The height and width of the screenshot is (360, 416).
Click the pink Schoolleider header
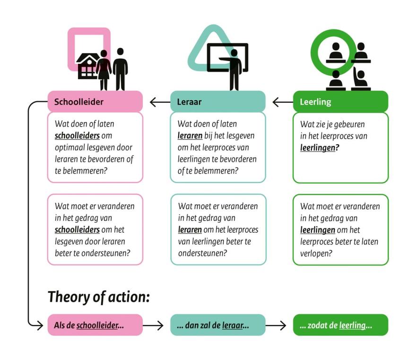point(95,101)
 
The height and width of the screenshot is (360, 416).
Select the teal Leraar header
point(218,101)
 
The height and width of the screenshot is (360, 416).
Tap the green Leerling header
point(341,101)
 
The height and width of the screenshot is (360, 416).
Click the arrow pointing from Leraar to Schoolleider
point(160,102)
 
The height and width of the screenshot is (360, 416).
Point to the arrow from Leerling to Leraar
point(283,102)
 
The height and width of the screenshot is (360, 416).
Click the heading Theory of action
point(99,297)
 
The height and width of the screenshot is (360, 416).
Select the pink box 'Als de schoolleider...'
point(95,325)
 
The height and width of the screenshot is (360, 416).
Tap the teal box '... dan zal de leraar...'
point(218,325)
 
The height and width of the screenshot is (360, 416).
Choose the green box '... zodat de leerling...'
point(341,325)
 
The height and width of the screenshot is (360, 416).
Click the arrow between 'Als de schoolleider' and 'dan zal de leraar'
point(153,325)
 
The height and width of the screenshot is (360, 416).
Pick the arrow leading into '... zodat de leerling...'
point(276,325)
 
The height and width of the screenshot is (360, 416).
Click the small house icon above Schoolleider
point(87,66)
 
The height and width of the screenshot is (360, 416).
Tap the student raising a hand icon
point(361,79)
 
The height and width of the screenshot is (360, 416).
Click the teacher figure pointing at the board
point(232,70)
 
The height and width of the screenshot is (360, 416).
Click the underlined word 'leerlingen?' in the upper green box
point(320,148)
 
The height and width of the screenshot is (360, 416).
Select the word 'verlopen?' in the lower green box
point(316,253)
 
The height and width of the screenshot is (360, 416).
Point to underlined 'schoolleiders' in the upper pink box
point(77,136)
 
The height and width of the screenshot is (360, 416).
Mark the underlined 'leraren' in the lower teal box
point(190,229)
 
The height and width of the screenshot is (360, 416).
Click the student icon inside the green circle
point(336,53)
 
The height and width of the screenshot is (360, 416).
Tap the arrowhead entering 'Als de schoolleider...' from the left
point(40,325)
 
